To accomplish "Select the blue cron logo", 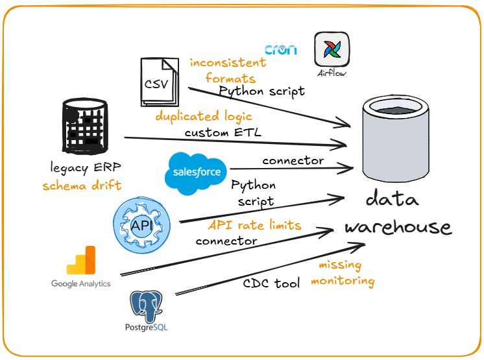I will pos(281,50).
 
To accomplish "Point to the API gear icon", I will pos(141,226).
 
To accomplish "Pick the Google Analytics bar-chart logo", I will pos(81,262).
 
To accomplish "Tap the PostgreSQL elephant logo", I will pos(146,307).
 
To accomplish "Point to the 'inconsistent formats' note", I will pos(227,70).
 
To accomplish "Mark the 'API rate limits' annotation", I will pos(254,225).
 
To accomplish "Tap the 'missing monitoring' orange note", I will pos(345,273).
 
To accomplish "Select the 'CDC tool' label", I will pos(270,283).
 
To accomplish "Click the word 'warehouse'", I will pos(397,227).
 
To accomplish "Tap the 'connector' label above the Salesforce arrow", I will pos(293,160).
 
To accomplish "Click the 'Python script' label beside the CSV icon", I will pos(261,91).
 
